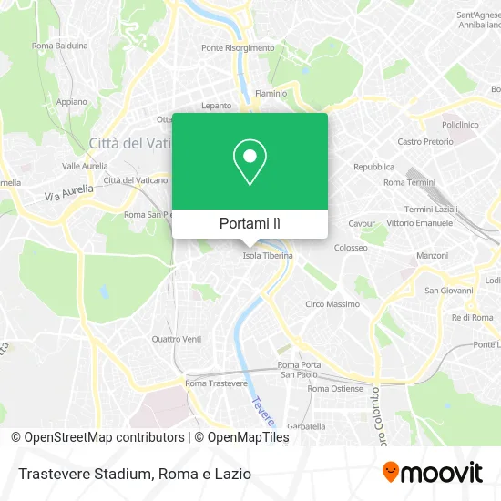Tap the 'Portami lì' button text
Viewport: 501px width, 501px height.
tap(250, 223)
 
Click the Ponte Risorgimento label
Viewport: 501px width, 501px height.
tap(238, 48)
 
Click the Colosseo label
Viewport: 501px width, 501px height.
tap(351, 247)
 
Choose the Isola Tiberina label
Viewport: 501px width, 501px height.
tap(268, 256)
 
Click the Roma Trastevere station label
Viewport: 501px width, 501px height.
tap(216, 383)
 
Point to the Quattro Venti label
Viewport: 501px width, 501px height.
tap(177, 340)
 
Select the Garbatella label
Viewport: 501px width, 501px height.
tap(305, 426)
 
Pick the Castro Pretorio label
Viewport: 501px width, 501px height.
tap(425, 142)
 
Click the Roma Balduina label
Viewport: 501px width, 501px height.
tap(59, 46)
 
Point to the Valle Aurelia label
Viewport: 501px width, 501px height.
tap(85, 167)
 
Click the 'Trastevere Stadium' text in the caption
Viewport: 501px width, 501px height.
tap(79, 474)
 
